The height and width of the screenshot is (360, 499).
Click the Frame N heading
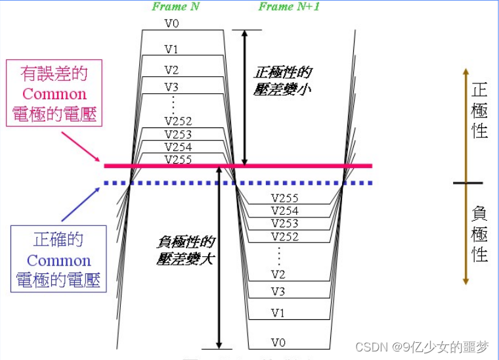tap(175, 7)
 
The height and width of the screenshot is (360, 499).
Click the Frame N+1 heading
tap(289, 7)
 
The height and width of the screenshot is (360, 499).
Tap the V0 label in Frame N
tap(171, 23)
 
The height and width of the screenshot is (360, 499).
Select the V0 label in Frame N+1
tap(278, 342)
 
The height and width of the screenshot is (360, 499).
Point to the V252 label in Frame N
tap(178, 122)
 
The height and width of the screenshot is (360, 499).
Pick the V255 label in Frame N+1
tap(284, 198)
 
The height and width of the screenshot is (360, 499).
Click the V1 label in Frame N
tap(171, 49)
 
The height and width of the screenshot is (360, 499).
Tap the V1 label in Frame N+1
tap(278, 313)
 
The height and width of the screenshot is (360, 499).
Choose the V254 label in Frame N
tap(178, 147)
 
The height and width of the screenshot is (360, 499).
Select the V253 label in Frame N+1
tap(284, 223)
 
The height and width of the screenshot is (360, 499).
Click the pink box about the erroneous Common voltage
tap(54, 93)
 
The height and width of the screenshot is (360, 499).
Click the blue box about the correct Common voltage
tap(58, 259)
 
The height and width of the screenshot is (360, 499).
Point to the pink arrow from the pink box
tap(81, 146)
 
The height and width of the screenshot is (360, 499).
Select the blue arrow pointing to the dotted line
tap(81, 204)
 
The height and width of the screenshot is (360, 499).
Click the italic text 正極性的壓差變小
tap(282, 81)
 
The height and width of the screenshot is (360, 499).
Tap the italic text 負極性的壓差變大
tap(186, 250)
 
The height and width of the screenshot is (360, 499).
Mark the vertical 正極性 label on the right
tap(479, 110)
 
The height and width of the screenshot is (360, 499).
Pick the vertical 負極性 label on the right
tap(479, 234)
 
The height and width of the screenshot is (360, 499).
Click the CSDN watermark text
tap(422, 347)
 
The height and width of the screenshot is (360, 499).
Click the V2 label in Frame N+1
tap(278, 275)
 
